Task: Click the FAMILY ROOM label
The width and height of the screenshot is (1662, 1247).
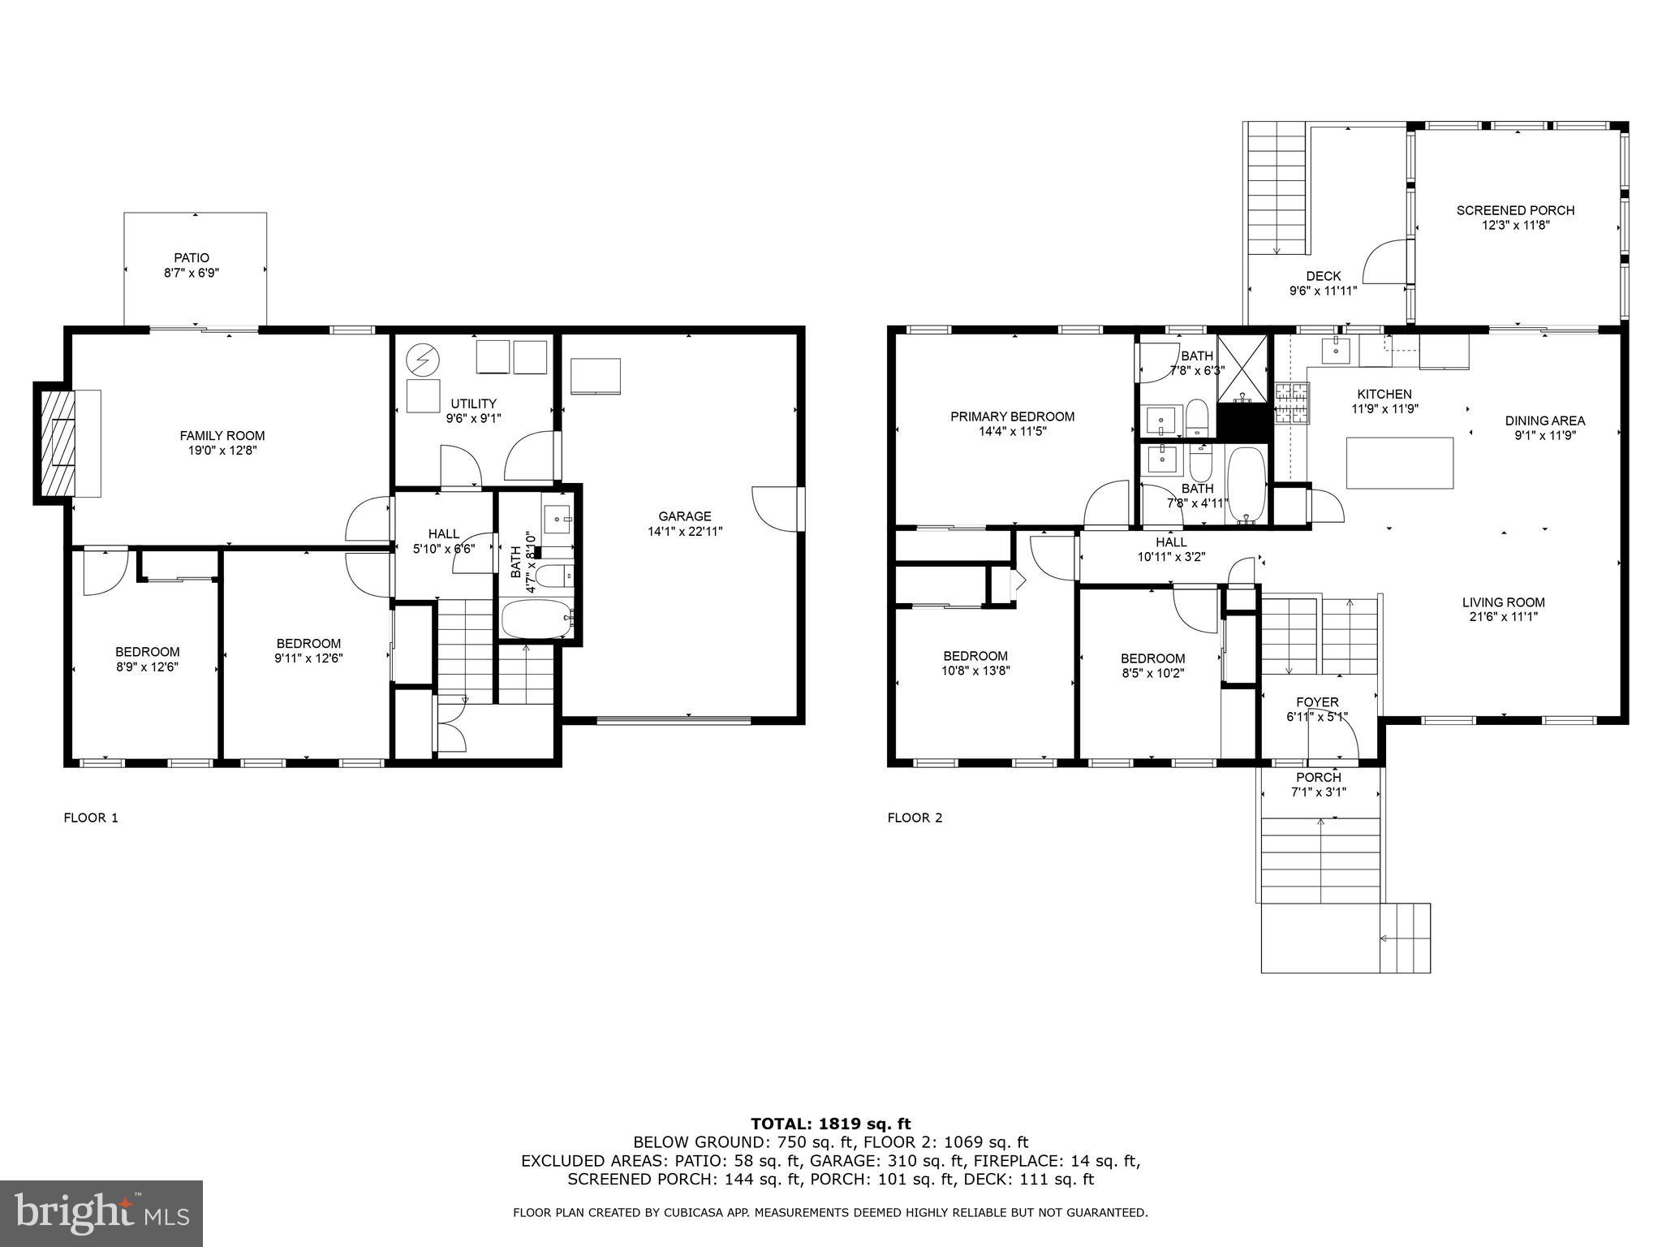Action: point(222,436)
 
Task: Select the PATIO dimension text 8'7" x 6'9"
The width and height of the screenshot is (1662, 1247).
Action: point(192,274)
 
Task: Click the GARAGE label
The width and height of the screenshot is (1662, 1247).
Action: point(685,516)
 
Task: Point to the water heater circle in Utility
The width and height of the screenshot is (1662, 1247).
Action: point(421,358)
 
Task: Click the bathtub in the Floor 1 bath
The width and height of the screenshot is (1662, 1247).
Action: point(536,619)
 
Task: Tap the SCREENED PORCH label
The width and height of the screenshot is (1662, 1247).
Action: point(1515,210)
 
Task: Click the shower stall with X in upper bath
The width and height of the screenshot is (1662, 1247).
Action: point(1242,369)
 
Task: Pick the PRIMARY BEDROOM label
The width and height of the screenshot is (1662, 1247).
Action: point(1012,416)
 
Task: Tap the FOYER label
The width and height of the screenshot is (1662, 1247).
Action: point(1317,702)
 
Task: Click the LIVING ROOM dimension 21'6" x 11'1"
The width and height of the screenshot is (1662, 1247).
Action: point(1504,617)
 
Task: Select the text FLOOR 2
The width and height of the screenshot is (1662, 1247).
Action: point(915,818)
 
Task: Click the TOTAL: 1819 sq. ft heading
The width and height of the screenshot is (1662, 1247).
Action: point(830,1124)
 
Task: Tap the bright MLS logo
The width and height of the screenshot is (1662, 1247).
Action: point(101,1213)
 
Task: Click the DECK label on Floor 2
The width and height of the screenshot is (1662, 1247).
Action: point(1323,276)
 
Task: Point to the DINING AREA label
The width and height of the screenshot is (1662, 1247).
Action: point(1544,421)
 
